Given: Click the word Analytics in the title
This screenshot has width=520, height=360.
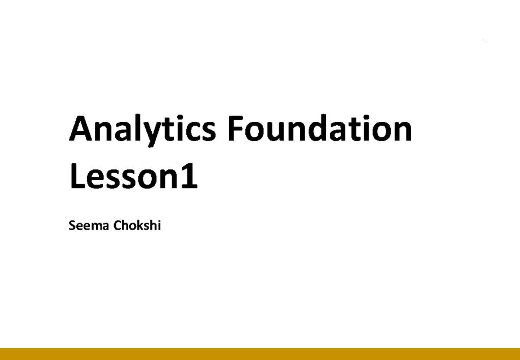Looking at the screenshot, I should coord(142,129).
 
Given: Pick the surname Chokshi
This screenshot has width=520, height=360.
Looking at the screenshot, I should coord(137,226).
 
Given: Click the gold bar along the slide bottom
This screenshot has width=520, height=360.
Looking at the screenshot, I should coord(260,354).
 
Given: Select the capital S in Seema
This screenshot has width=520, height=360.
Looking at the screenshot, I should coord(72,226).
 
